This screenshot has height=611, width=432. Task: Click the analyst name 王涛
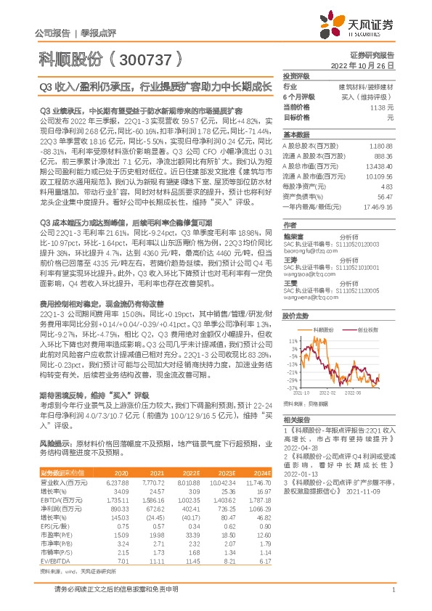[290, 239]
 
